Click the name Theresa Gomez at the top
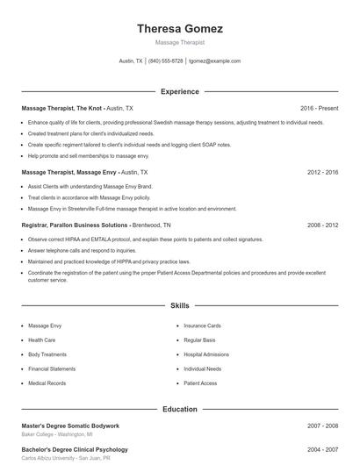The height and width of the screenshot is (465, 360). tap(179, 29)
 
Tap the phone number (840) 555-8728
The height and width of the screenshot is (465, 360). tap(165, 61)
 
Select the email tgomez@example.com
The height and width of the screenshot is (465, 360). tap(214, 61)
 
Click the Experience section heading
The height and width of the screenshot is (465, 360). tap(179, 91)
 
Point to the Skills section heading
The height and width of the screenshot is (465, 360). tap(179, 306)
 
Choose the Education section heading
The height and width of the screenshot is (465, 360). tap(179, 409)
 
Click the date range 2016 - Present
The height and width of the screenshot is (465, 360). tap(320, 108)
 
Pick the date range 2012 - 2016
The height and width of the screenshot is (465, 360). tap(322, 173)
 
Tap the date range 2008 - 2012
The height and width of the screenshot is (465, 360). tap(322, 225)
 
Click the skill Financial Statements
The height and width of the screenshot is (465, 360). tap(51, 368)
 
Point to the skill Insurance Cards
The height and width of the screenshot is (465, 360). tap(202, 325)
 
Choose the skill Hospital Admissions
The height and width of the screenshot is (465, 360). tap(206, 354)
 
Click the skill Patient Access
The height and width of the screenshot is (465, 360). tap(200, 383)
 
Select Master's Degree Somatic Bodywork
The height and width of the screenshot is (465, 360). tap(69, 426)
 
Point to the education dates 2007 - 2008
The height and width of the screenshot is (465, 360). tap(322, 426)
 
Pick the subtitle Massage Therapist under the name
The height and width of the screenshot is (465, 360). tap(179, 42)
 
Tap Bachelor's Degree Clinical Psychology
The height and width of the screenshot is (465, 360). tap(75, 450)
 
